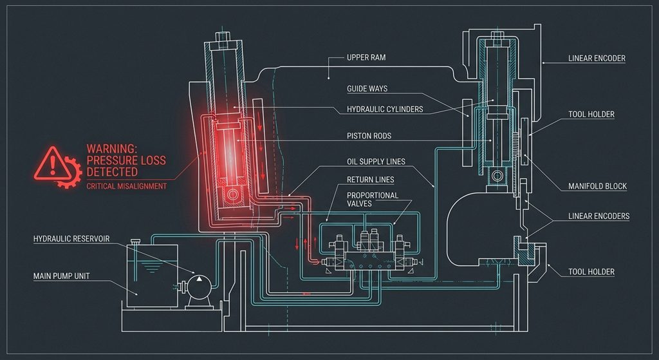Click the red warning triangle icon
[52, 164]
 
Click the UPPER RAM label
[366, 57]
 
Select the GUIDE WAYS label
[367, 89]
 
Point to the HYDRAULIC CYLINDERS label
[385, 109]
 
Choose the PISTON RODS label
[369, 136]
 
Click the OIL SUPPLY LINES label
[376, 162]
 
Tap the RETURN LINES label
[370, 180]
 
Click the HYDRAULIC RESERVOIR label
[71, 239]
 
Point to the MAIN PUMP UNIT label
[61, 276]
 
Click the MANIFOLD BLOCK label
[597, 186]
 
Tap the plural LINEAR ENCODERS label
[599, 216]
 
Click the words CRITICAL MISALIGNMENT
[127, 186]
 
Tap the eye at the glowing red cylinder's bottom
[232, 194]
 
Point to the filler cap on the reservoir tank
[135, 242]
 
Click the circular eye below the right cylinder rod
[497, 175]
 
